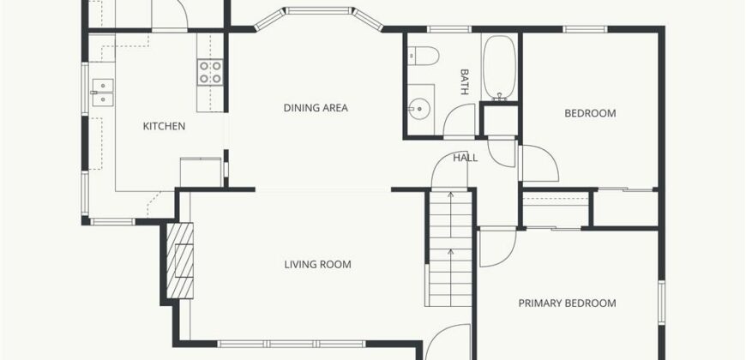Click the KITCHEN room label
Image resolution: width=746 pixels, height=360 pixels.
pyautogui.click(x=164, y=127)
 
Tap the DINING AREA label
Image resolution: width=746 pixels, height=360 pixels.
pyautogui.click(x=316, y=108)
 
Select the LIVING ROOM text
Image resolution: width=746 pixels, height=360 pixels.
pyautogui.click(x=318, y=264)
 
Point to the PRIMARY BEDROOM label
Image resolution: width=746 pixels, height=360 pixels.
pyautogui.click(x=567, y=303)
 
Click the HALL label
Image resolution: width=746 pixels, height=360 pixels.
pyautogui.click(x=465, y=158)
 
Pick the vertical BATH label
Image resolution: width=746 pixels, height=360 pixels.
pyautogui.click(x=465, y=81)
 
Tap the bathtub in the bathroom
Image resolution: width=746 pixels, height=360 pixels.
pyautogui.click(x=499, y=68)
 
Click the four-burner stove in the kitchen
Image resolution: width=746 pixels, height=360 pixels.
pyautogui.click(x=210, y=73)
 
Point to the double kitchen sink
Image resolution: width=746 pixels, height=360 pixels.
pyautogui.click(x=102, y=93)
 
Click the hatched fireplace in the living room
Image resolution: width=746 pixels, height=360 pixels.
pyautogui.click(x=180, y=261)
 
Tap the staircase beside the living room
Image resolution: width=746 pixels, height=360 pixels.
pyautogui.click(x=450, y=248)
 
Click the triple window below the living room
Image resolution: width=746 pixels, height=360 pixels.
pyautogui.click(x=292, y=344)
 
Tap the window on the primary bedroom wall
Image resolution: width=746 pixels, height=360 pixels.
pyautogui.click(x=661, y=303)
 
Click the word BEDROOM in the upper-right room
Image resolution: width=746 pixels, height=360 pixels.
pyautogui.click(x=590, y=113)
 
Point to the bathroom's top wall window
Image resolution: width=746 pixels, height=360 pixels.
pyautogui.click(x=449, y=29)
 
